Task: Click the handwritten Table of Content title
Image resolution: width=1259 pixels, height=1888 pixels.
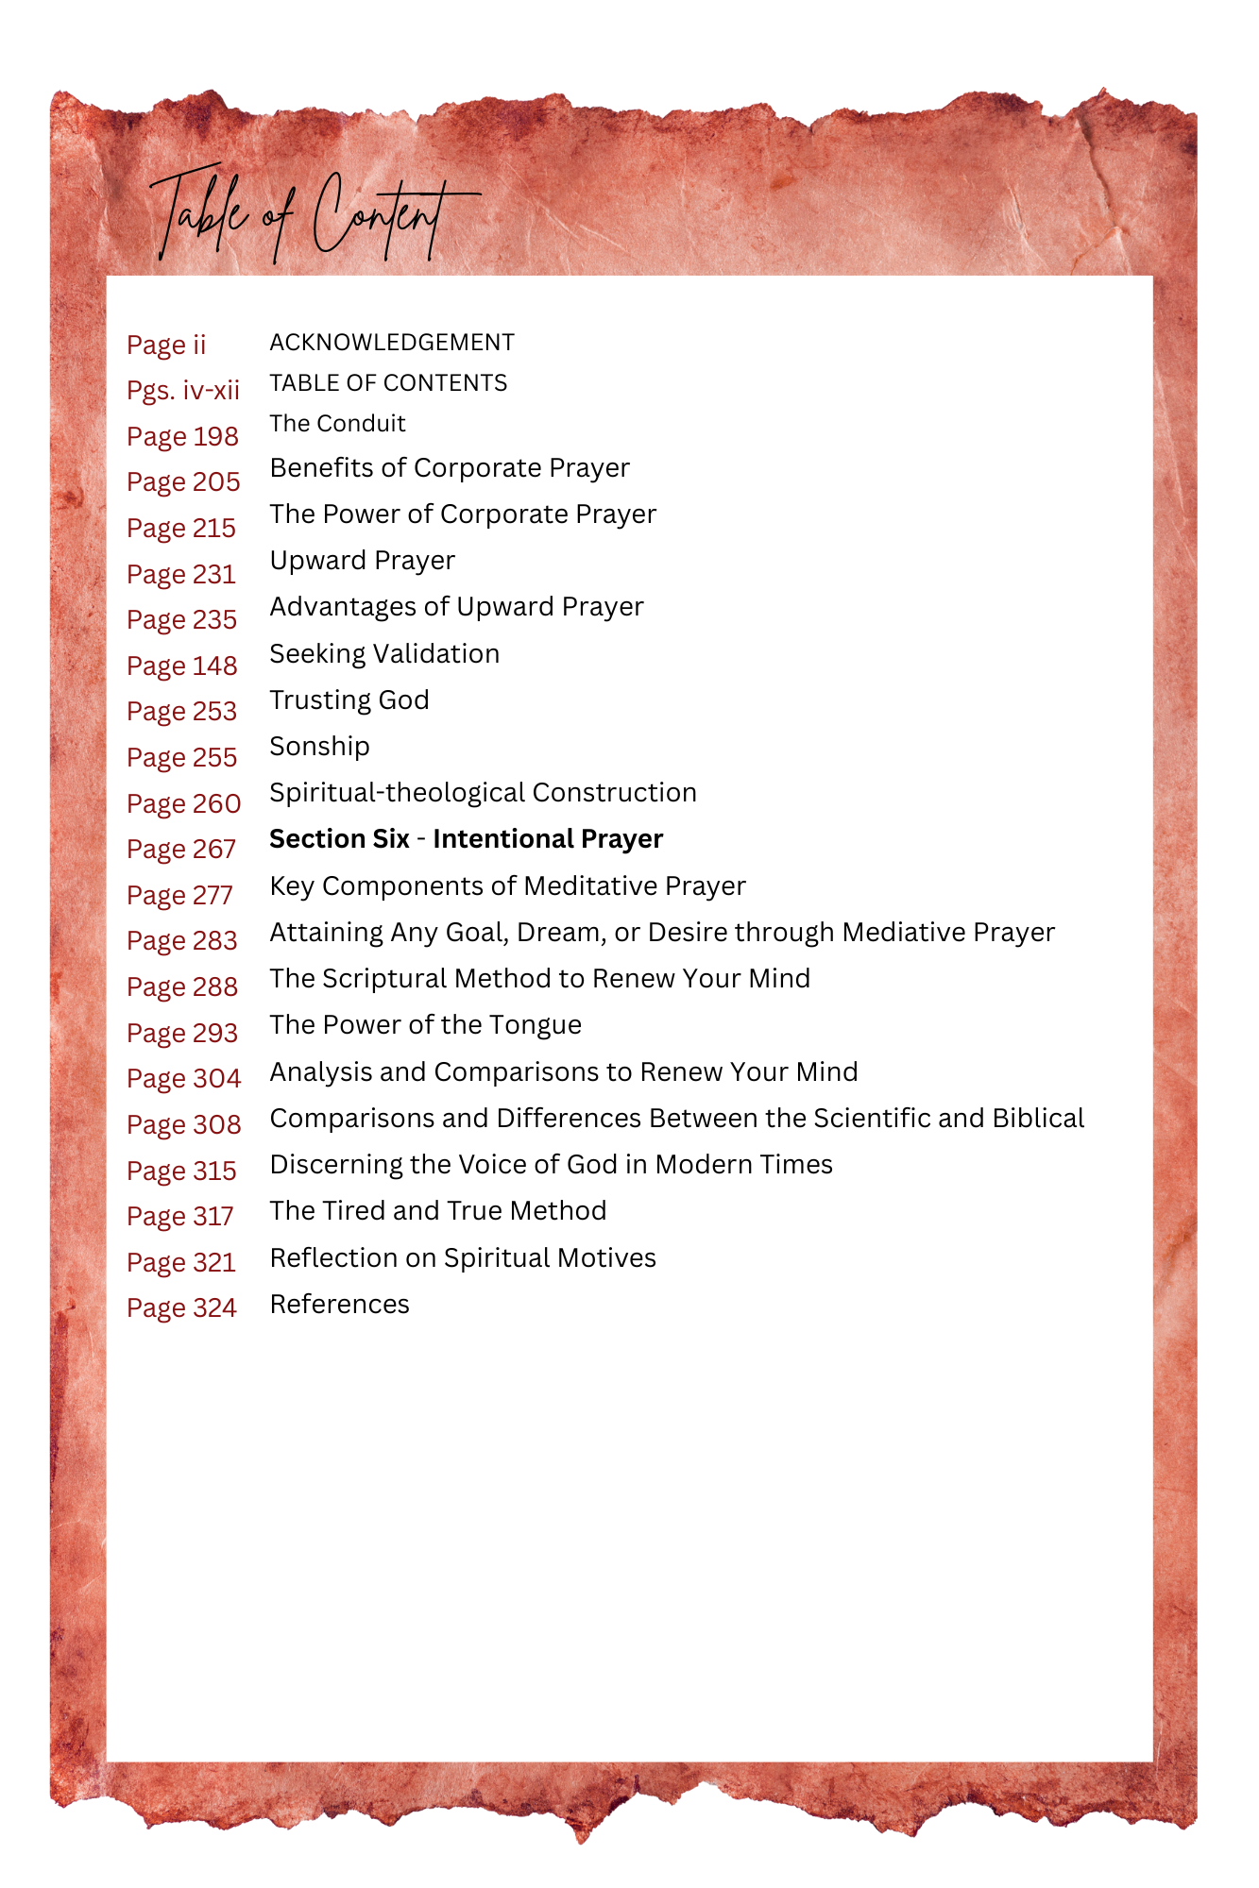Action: pyautogui.click(x=312, y=215)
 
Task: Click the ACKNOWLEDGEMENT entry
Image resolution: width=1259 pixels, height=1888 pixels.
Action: pyautogui.click(x=392, y=343)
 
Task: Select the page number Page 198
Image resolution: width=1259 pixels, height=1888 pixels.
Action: pyautogui.click(x=182, y=436)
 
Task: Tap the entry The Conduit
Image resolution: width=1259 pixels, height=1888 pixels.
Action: pyautogui.click(x=337, y=424)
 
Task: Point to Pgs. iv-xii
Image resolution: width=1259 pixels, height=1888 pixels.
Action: pyautogui.click(x=183, y=390)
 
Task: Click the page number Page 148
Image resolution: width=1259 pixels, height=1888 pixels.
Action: pyautogui.click(x=182, y=666)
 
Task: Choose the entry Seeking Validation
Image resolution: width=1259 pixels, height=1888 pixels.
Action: pyautogui.click(x=384, y=653)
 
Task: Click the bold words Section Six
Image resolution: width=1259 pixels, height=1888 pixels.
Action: pyautogui.click(x=339, y=839)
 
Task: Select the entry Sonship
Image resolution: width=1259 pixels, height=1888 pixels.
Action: pyautogui.click(x=319, y=746)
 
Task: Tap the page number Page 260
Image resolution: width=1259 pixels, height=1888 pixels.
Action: pyautogui.click(x=184, y=803)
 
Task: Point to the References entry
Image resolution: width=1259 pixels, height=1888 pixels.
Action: pyautogui.click(x=340, y=1305)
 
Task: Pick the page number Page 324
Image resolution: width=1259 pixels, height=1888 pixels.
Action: pyautogui.click(x=182, y=1308)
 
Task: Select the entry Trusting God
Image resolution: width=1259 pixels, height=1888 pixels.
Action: pyautogui.click(x=349, y=700)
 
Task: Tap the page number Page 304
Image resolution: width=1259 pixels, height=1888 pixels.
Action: pyautogui.click(x=184, y=1078)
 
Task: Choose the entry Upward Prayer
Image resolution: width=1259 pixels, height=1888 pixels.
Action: pyautogui.click(x=363, y=561)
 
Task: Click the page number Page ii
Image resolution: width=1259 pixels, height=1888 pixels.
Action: pyautogui.click(x=166, y=345)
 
